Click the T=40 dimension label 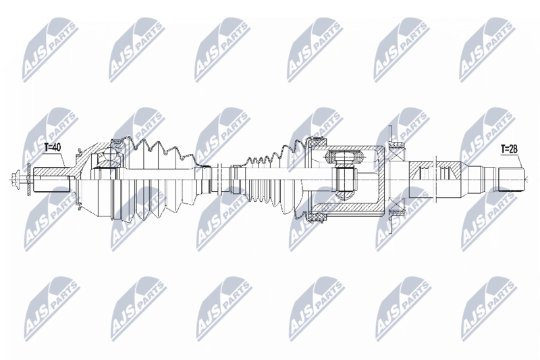tap(53, 148)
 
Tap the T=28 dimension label tap(509, 149)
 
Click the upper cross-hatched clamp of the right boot tap(319, 141)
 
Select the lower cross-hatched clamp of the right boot tap(319, 217)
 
